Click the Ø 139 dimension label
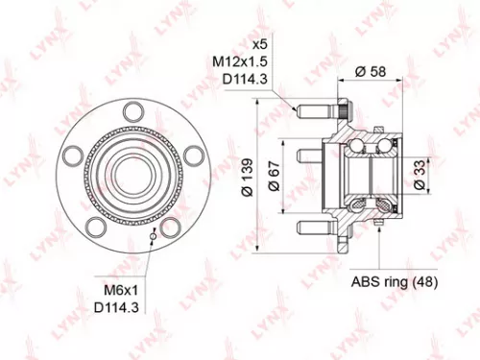point(248,180)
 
